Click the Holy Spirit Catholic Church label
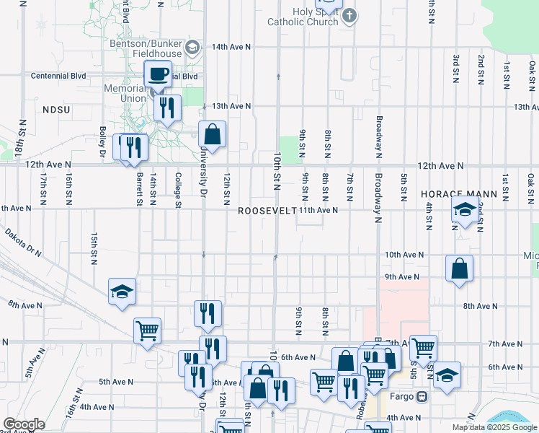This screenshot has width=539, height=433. pyautogui.click(x=303, y=17)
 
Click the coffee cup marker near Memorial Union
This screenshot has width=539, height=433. pyautogui.click(x=158, y=73)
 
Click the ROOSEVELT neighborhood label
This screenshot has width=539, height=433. pyautogui.click(x=267, y=210)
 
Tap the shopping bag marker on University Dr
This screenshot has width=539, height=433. pyautogui.click(x=213, y=134)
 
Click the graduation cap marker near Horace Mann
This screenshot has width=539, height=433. pyautogui.click(x=465, y=210)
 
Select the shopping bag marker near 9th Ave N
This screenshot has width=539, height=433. pyautogui.click(x=459, y=268)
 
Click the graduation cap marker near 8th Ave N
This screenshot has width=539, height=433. pyautogui.click(x=122, y=292)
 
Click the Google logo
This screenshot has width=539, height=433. pyautogui.click(x=24, y=424)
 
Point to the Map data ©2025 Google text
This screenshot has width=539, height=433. pyautogui.click(x=494, y=427)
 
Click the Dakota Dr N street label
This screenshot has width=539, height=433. pyautogui.click(x=23, y=242)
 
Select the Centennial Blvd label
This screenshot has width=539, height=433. pyautogui.click(x=58, y=75)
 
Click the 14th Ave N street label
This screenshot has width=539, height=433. pyautogui.click(x=231, y=46)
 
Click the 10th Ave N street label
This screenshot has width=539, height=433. pyautogui.click(x=403, y=255)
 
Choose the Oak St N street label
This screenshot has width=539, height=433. pyautogui.click(x=530, y=188)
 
